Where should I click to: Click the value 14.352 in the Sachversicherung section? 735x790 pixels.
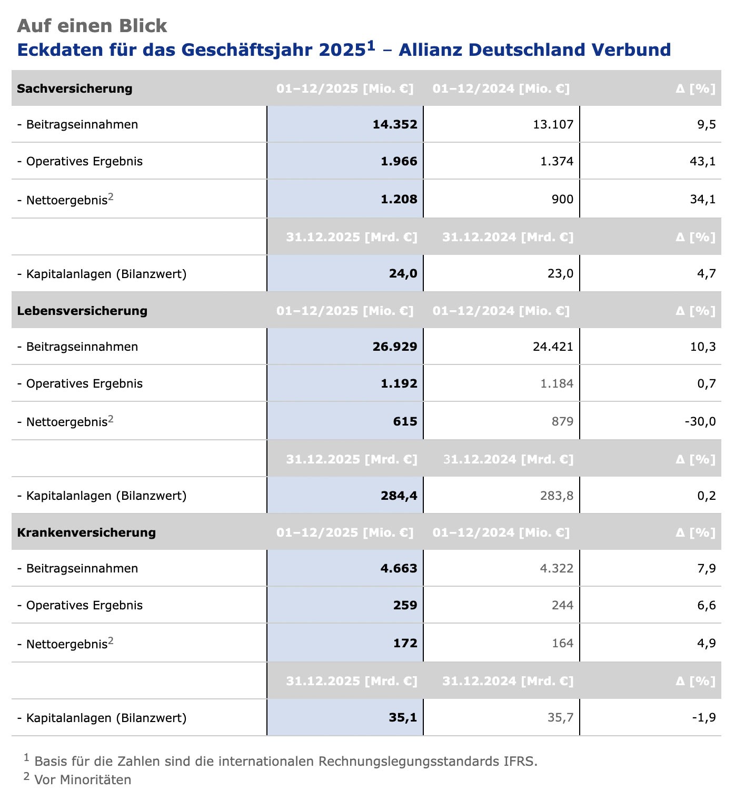pyautogui.click(x=395, y=125)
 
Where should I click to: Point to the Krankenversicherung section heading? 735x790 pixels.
pyautogui.click(x=86, y=532)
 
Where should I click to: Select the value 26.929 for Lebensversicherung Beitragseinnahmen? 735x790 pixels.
pyautogui.click(x=395, y=347)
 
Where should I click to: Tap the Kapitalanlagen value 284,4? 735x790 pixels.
pyautogui.click(x=399, y=496)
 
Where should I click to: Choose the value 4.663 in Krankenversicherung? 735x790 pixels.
pyautogui.click(x=399, y=569)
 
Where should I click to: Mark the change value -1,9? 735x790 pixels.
pyautogui.click(x=704, y=718)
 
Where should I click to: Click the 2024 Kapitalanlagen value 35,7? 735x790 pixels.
pyautogui.click(x=561, y=718)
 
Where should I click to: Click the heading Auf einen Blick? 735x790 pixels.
pyautogui.click(x=92, y=25)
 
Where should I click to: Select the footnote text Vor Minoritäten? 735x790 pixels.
pyautogui.click(x=83, y=779)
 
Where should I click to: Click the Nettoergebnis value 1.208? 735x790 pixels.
pyautogui.click(x=399, y=199)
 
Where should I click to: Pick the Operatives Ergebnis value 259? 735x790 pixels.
pyautogui.click(x=405, y=606)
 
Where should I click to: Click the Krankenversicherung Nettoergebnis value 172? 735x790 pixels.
pyautogui.click(x=405, y=643)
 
